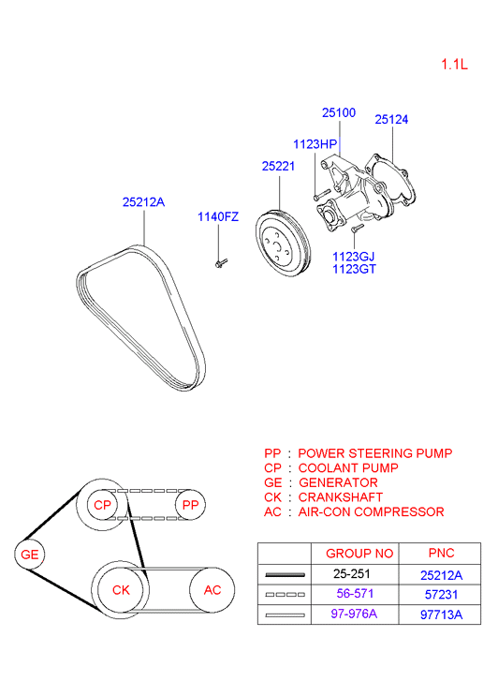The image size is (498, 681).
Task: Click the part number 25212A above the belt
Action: coord(143,200)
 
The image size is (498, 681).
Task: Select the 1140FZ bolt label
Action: coord(217,217)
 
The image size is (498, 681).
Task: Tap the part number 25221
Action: coord(278,167)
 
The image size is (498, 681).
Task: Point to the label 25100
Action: coord(339,112)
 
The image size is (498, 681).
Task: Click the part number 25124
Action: coord(391,120)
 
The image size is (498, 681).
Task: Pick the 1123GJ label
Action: coord(353,255)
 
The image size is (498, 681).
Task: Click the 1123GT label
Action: coord(353,269)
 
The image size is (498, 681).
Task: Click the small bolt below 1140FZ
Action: coord(218,263)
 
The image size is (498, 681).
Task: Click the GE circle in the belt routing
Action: coord(31,555)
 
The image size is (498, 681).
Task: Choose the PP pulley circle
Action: coord(190,505)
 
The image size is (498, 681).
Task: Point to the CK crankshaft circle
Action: coord(121,590)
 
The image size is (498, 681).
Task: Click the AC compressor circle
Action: coord(212,590)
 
